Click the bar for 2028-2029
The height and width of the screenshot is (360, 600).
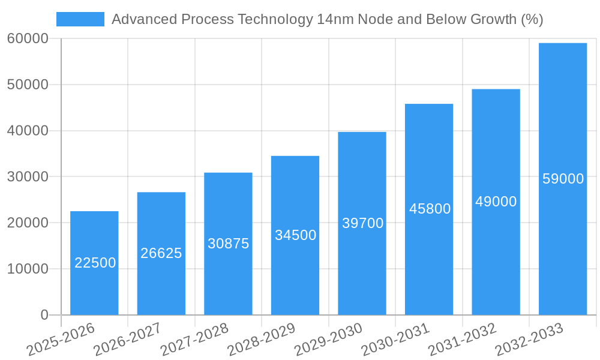pyautogui.click(x=295, y=270)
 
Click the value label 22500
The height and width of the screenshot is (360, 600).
pyautogui.click(x=95, y=263)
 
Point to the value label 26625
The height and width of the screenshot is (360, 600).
pyautogui.click(x=161, y=253)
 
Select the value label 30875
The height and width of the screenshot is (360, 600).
pyautogui.click(x=228, y=244)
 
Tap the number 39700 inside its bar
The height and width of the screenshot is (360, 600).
pyautogui.click(x=362, y=223)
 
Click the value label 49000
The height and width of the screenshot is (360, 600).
pyautogui.click(x=496, y=202)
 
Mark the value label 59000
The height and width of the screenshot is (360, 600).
pyautogui.click(x=563, y=179)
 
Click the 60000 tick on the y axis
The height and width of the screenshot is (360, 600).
pyautogui.click(x=28, y=39)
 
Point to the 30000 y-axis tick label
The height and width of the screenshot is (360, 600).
pyautogui.click(x=28, y=177)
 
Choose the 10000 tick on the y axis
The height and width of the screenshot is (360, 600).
pyautogui.click(x=28, y=269)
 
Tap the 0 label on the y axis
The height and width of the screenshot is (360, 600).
pyautogui.click(x=44, y=315)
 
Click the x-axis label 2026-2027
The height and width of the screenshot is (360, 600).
pyautogui.click(x=128, y=339)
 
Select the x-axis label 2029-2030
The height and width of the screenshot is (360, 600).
pyautogui.click(x=329, y=339)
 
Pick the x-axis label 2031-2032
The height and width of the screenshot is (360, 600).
pyautogui.click(x=463, y=339)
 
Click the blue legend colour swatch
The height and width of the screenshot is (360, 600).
pyautogui.click(x=80, y=19)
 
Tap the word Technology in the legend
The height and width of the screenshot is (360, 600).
pyautogui.click(x=275, y=19)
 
